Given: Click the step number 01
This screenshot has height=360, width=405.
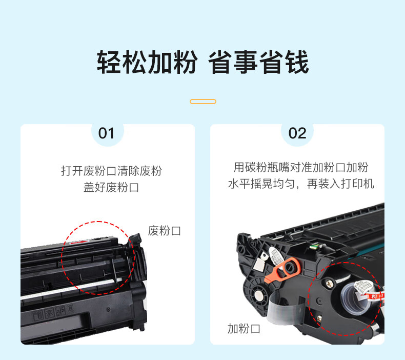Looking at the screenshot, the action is [106, 133].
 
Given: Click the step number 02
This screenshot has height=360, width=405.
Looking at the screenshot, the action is [297, 133].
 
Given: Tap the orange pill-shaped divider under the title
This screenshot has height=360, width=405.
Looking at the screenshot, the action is [203, 102].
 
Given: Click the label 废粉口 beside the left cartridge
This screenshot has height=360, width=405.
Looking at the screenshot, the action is [164, 231].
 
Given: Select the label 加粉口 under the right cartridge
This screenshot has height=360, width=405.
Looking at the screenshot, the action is [244, 329].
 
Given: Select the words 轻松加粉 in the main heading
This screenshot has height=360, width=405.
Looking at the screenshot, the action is [147, 62].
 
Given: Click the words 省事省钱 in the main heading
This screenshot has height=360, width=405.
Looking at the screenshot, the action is [258, 62].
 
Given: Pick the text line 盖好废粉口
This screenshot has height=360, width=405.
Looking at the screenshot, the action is [111, 187].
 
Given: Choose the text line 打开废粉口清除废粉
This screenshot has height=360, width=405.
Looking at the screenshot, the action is [111, 171].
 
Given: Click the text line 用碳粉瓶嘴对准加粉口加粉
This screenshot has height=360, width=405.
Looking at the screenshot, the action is [301, 167].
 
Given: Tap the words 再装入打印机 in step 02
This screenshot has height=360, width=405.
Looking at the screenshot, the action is [340, 184].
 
